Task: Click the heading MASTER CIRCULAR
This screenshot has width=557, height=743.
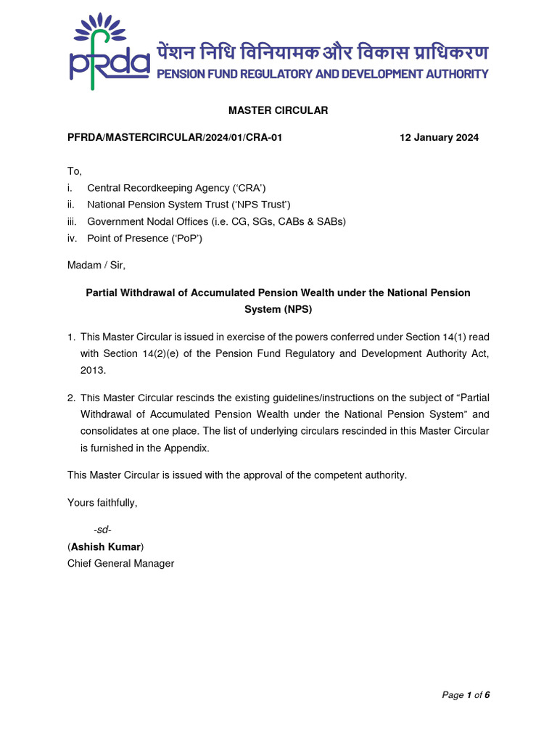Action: pos(278,110)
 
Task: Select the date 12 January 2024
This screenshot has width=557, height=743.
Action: pos(439,138)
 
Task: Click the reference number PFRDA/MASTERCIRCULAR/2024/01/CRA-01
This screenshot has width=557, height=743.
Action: pos(175,138)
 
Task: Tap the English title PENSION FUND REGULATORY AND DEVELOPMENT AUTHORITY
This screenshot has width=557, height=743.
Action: pos(322,74)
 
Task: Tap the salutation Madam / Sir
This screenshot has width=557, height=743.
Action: pos(96,266)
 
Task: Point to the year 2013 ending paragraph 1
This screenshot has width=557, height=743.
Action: pos(92,370)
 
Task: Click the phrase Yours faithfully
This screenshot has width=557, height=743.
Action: pos(102,502)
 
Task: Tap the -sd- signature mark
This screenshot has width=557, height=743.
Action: pos(102,530)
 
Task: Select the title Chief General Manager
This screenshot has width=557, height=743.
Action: pos(121,563)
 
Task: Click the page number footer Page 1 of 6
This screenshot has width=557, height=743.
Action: pos(466,695)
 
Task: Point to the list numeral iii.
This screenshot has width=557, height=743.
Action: pos(72,221)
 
